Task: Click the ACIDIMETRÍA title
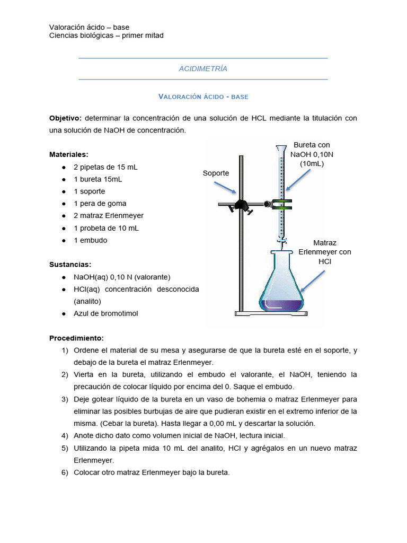[203, 69]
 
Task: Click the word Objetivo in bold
[65, 118]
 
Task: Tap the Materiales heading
[68, 154]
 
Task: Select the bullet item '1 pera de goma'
[100, 204]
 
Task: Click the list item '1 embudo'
[90, 240]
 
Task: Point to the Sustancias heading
[70, 264]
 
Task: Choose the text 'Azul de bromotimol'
[105, 313]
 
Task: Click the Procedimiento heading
[76, 338]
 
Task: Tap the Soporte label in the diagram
[216, 173]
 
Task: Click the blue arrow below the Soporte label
[225, 187]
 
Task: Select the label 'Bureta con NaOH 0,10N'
[312, 154]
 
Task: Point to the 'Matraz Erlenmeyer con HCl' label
[324, 252]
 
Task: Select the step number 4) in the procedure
[65, 436]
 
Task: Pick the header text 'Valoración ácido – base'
[89, 27]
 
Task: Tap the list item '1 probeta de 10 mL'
[107, 228]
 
